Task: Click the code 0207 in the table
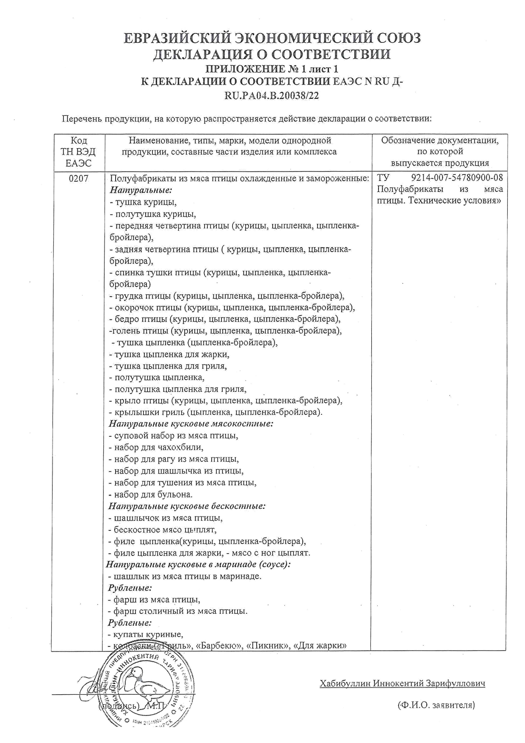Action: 78,178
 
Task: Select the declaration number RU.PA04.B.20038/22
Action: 272,96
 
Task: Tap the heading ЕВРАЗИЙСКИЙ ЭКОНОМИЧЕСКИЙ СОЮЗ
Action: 272,39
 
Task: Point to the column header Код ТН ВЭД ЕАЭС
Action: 78,152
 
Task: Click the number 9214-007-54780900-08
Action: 457,178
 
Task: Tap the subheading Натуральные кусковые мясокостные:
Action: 191,424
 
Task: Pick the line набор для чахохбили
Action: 156,447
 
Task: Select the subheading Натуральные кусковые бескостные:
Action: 187,506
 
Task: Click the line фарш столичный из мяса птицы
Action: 177,611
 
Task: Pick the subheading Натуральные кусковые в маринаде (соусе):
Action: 198,564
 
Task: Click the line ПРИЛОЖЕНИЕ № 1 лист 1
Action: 272,69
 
